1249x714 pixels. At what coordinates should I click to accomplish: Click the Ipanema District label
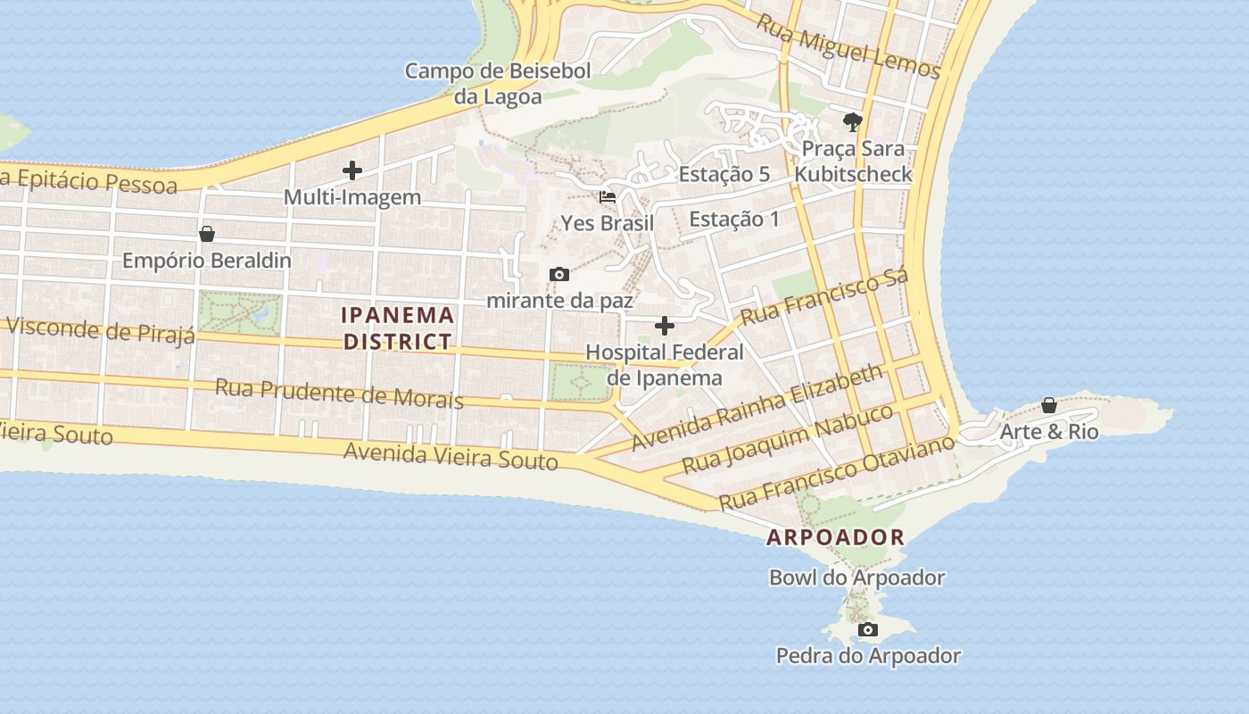(399, 328)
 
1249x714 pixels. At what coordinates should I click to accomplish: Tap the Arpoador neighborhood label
(835, 537)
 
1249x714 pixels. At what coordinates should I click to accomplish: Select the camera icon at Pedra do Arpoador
(867, 630)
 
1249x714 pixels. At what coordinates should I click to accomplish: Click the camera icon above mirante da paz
(559, 274)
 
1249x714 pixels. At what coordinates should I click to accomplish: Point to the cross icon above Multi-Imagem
(352, 170)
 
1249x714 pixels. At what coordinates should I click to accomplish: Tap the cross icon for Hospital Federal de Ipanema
(665, 326)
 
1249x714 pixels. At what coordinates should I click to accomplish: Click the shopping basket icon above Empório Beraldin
(207, 234)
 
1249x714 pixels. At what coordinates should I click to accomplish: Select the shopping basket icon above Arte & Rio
(1049, 405)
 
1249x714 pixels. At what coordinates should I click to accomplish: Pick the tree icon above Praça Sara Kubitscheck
(853, 121)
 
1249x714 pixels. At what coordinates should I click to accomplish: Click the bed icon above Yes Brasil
(608, 196)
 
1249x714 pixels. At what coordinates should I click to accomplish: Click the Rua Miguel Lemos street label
(848, 45)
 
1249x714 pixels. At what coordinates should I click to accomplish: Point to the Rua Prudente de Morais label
(339, 393)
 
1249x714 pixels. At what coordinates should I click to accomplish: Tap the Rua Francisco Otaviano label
(837, 473)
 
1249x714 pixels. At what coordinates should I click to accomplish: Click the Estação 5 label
(724, 174)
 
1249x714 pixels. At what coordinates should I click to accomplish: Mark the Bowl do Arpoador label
(856, 577)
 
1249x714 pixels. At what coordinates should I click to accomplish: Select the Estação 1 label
(734, 219)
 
